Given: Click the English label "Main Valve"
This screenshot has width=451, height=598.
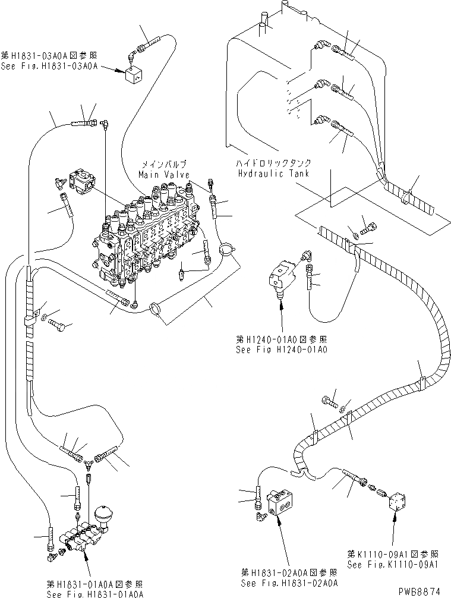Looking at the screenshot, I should point(163,175).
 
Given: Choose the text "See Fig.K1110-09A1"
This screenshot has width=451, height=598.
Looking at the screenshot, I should point(393,563).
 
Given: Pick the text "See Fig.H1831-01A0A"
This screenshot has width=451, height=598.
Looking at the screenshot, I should point(96,593).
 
